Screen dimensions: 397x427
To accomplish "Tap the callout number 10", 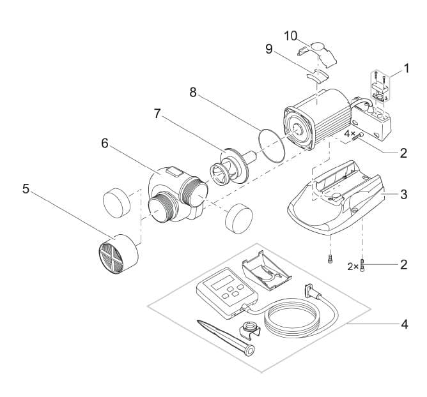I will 290,35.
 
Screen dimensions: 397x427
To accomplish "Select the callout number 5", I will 26,189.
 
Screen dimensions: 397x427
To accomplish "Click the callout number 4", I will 403,324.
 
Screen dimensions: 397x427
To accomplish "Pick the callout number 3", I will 403,195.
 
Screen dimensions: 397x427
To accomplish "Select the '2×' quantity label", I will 352,266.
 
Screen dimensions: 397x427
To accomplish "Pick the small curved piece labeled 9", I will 316,75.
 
